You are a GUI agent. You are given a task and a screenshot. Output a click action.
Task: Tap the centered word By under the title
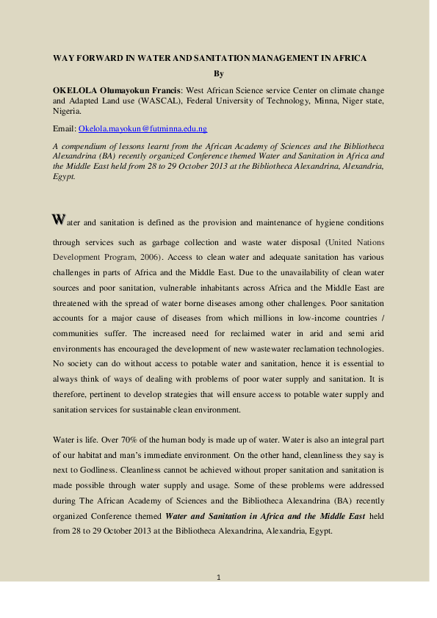218,73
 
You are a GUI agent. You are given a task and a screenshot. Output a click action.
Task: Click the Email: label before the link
65,128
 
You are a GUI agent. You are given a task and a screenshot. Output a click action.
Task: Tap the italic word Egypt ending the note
63,177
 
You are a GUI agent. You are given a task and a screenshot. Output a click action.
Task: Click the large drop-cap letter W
58,219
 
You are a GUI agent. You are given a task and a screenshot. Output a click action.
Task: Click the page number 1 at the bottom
219,578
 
